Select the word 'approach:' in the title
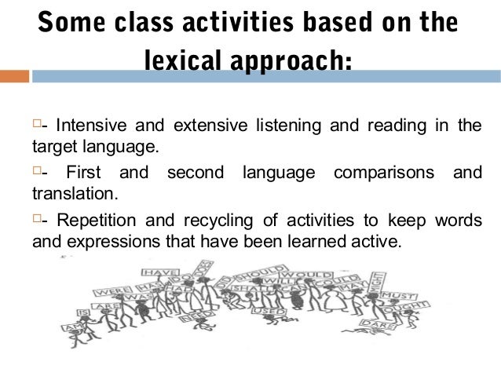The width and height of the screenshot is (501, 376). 299,60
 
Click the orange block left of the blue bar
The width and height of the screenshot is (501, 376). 14,77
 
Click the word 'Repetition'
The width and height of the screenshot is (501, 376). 93,220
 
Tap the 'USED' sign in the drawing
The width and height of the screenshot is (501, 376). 265,312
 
